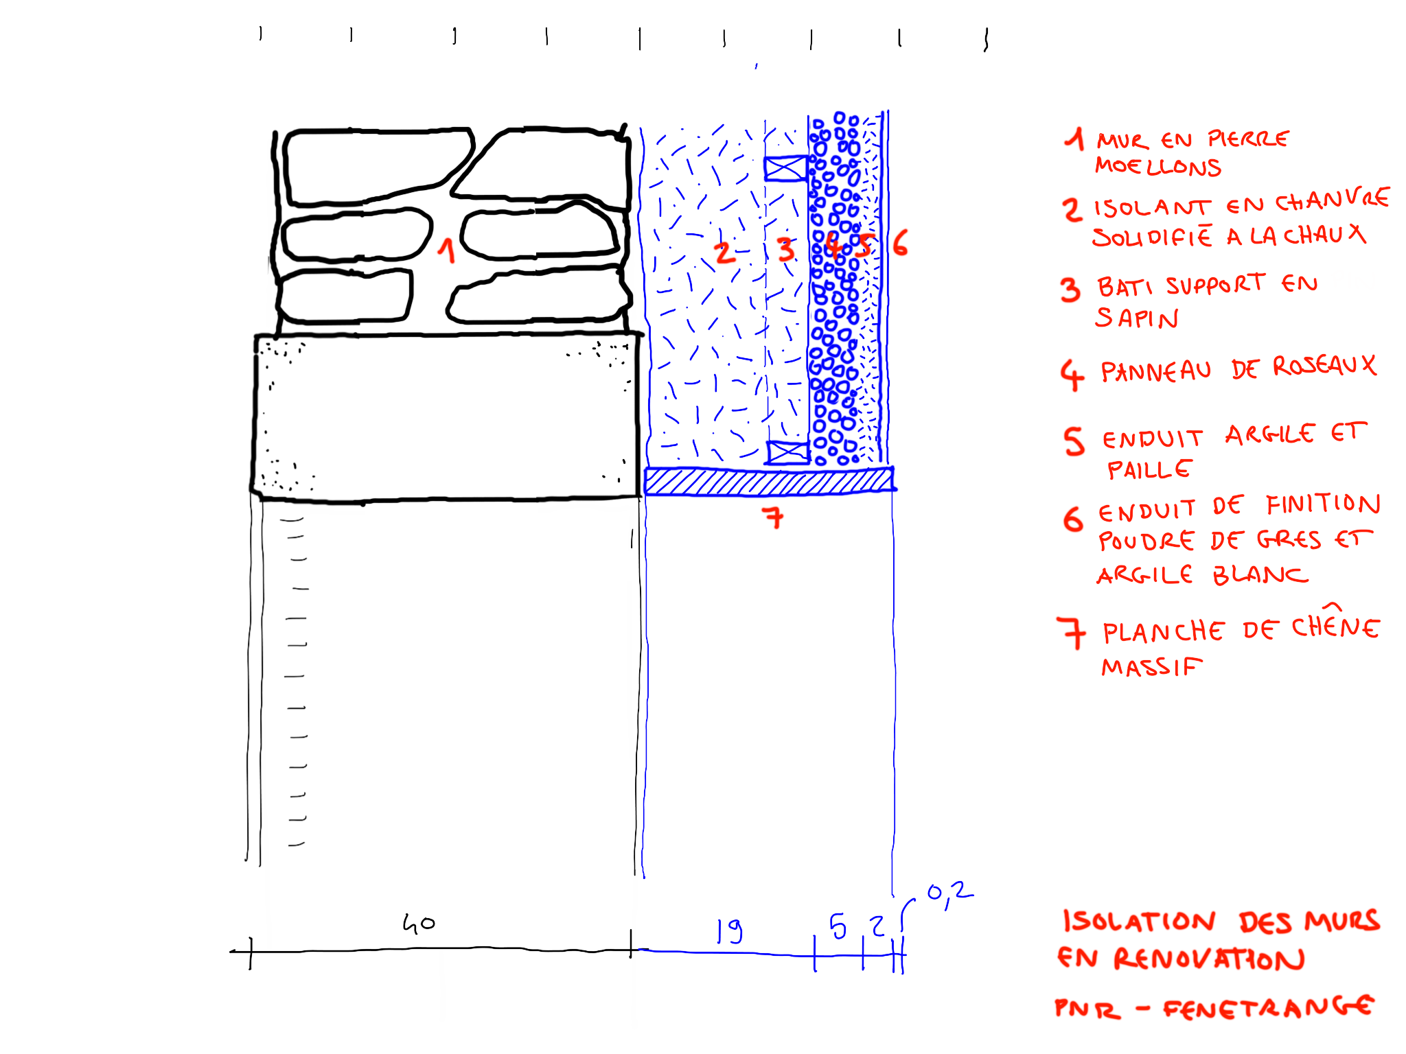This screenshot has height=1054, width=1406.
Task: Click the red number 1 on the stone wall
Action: (x=447, y=251)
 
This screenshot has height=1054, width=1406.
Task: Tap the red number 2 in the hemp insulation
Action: (x=724, y=253)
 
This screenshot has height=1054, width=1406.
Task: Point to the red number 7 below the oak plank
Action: (x=774, y=517)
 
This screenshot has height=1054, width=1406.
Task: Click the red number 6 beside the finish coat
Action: (x=900, y=244)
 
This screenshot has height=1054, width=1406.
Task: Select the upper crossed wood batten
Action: (x=785, y=168)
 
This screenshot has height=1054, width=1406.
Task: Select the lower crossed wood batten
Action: (x=787, y=453)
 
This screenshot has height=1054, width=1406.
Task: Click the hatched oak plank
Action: (x=769, y=481)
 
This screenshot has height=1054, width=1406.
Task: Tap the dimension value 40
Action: (x=418, y=924)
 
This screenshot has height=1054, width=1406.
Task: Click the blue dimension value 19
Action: (x=729, y=930)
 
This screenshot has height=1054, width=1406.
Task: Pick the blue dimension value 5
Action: (x=838, y=927)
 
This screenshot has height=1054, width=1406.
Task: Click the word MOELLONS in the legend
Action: (x=1157, y=167)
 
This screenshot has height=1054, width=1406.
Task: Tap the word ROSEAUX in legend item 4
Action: (x=1324, y=366)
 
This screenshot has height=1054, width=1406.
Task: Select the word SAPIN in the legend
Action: (x=1136, y=318)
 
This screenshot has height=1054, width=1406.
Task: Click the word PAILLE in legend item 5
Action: (x=1149, y=470)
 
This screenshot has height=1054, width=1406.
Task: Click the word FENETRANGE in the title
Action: (x=1268, y=1007)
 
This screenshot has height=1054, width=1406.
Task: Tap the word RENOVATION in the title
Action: (x=1208, y=959)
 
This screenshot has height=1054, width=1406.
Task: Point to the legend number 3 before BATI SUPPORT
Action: (x=1070, y=290)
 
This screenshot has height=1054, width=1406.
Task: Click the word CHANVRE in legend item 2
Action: (x=1332, y=200)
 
